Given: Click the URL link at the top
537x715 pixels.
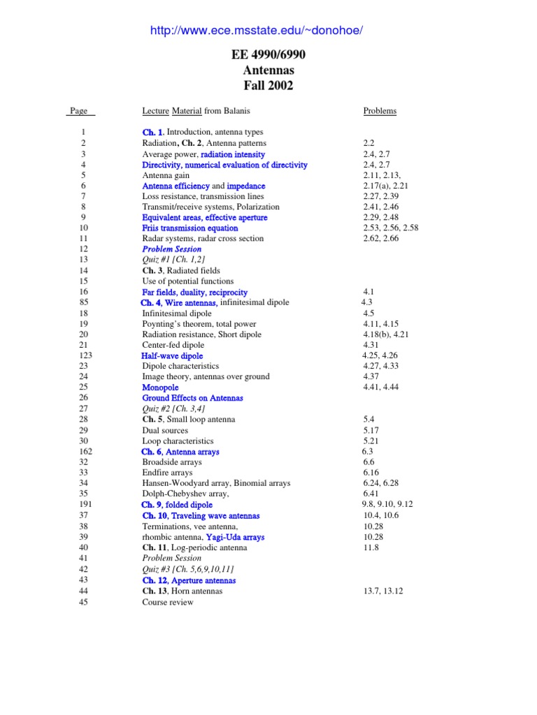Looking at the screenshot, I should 257,30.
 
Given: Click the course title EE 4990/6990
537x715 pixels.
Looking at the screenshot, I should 268,55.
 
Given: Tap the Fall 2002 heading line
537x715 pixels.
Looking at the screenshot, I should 268,86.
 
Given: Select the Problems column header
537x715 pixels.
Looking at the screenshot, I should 380,110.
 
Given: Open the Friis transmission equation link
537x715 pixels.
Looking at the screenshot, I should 190,228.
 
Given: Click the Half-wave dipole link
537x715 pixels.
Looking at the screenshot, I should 172,355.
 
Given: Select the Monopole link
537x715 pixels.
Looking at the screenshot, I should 160,388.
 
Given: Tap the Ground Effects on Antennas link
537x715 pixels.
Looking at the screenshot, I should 193,398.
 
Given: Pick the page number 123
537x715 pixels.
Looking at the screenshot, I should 83,355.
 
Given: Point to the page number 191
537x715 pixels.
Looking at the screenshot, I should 83,504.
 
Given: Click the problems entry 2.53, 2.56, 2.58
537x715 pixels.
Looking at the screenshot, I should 391,228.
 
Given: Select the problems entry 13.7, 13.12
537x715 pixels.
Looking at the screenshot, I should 383,591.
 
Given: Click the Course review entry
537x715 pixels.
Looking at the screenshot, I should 168,602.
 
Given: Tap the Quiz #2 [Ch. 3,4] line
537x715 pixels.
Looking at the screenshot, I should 174,408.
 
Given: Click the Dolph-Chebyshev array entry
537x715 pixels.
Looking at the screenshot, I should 176,494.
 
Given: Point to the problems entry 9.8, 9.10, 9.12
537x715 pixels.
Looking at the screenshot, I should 387,504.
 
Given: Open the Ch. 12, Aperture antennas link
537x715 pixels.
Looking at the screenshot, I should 189,580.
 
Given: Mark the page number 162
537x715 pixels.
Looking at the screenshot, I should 83,452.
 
